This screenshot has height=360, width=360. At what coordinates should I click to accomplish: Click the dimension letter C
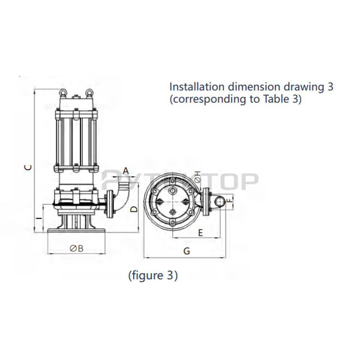[x=30, y=167]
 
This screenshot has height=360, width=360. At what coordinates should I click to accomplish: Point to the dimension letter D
[x=134, y=209]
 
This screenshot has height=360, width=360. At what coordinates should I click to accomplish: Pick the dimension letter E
[x=201, y=233]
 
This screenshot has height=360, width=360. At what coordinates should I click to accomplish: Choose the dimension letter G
[x=186, y=251]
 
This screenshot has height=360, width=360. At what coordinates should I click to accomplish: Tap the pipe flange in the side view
[x=110, y=205]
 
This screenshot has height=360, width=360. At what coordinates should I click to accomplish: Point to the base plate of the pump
[x=76, y=230]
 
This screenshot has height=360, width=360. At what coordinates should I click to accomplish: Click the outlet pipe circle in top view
[x=219, y=202]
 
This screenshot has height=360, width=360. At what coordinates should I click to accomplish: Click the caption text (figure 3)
[x=153, y=275]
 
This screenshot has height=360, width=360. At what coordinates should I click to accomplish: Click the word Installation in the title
[x=195, y=87]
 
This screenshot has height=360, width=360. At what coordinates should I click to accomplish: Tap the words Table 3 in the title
[x=281, y=99]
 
